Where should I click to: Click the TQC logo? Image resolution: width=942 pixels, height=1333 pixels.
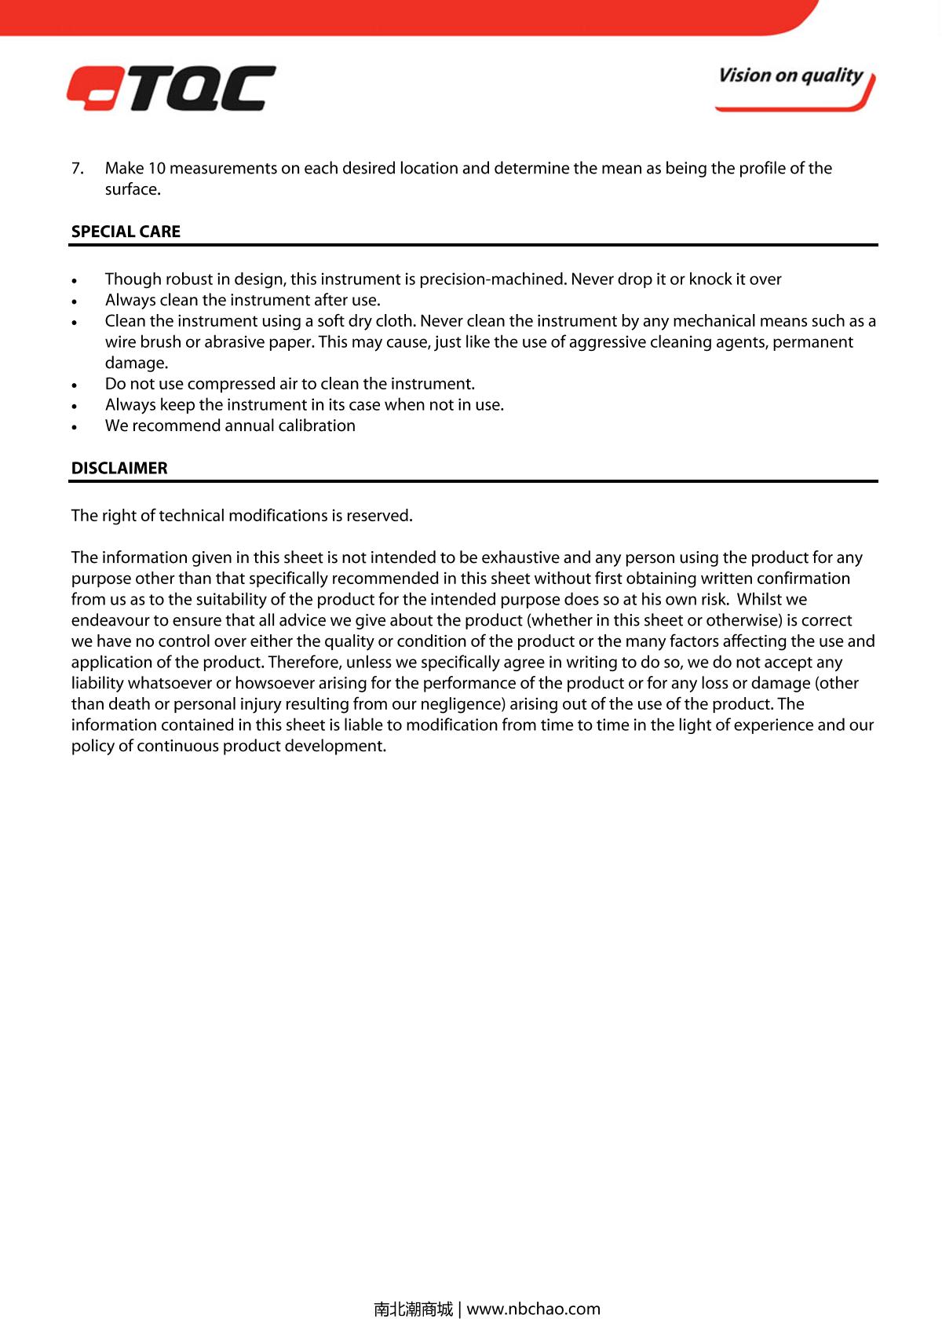tap(171, 88)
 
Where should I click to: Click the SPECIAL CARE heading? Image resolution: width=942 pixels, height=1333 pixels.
tap(126, 232)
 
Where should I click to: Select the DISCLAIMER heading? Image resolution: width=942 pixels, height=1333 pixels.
tap(119, 468)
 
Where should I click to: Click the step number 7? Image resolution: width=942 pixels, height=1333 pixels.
tap(77, 168)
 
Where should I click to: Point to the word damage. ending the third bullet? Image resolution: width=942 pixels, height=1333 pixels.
tap(137, 363)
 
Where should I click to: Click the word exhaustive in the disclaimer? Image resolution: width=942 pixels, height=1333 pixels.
tap(520, 557)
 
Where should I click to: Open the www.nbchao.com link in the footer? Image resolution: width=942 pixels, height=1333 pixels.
tap(533, 1309)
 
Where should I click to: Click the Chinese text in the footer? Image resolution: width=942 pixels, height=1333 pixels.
tap(413, 1309)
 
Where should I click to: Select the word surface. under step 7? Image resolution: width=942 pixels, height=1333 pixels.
tap(133, 189)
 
